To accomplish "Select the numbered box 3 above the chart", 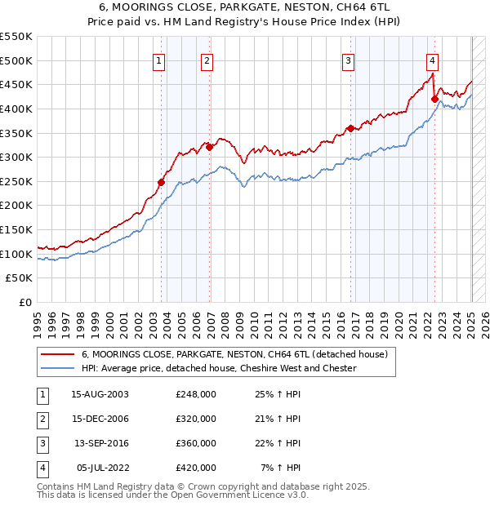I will point(348,60).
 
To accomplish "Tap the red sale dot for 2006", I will point(209,147).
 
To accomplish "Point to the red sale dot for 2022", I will point(434,99).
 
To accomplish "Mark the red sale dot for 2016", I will point(350,127).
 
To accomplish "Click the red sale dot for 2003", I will point(161,182).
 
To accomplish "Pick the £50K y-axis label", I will point(20,277).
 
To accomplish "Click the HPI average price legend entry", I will point(219,368).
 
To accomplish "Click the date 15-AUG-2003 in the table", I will point(100,394).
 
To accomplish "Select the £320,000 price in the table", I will point(196,419).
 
